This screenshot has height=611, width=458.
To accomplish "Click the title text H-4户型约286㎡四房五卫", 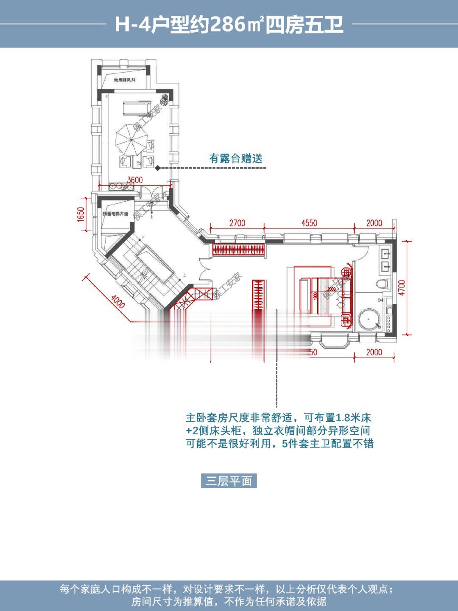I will [229, 25].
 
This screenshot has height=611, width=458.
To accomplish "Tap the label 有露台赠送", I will [236, 159].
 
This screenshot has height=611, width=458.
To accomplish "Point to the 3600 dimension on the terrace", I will [135, 180].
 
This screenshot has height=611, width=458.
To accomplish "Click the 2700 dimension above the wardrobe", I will [237, 223].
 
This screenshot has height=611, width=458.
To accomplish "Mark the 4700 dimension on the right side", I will [402, 288].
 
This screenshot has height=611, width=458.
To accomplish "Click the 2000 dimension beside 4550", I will [374, 223].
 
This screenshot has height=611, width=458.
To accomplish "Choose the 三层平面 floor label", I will [229, 481].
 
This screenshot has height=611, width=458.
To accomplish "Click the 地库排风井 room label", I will [124, 80].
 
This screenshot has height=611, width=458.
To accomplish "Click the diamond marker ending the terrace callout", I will [158, 168].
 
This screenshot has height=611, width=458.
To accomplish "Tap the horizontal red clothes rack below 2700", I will [240, 250].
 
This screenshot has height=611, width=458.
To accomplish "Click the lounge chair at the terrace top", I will [135, 108].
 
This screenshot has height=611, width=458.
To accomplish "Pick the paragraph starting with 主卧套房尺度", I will [279, 431].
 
